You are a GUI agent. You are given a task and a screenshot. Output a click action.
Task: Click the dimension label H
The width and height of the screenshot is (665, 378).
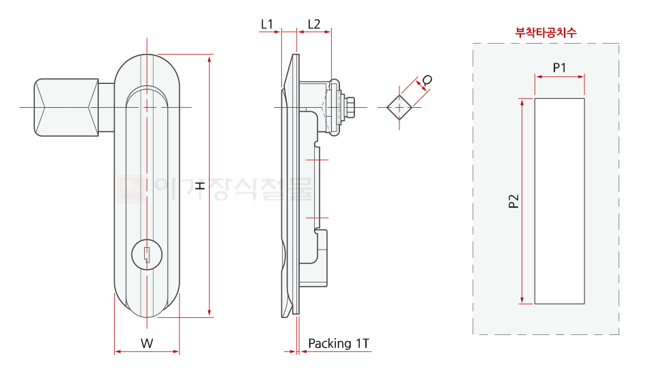199,186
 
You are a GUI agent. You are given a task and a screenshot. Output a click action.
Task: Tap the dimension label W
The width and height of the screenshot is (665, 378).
147,343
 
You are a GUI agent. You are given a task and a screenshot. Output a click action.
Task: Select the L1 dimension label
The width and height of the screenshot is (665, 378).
267,24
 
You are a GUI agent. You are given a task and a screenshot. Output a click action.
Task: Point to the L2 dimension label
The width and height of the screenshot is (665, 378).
314,24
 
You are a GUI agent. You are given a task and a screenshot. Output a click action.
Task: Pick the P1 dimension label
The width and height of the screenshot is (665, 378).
560,67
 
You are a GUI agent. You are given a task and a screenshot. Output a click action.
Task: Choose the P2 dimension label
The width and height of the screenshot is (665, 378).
513,201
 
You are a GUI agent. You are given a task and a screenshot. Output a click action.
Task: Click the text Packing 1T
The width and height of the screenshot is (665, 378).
339,343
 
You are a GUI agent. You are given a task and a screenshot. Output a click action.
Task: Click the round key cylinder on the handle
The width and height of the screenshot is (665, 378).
147,255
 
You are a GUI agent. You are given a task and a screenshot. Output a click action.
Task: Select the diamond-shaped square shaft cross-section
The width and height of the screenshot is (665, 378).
399,107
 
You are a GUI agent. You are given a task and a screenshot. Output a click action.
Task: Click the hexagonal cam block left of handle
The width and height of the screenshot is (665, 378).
66,107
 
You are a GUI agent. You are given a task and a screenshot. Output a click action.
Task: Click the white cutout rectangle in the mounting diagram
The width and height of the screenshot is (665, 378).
559,201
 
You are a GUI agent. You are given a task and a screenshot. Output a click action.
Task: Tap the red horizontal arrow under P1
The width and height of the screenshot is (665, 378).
560,77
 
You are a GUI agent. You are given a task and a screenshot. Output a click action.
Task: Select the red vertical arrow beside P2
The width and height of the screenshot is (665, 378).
522,201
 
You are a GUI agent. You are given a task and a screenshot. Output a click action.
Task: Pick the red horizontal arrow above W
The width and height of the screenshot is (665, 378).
147,352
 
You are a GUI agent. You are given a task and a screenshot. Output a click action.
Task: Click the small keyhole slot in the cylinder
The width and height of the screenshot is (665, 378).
147,257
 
